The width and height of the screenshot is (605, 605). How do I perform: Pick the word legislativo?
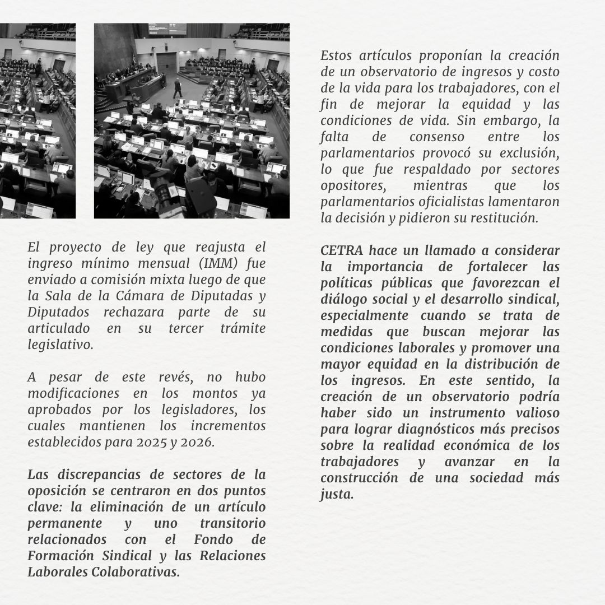[x=61, y=345]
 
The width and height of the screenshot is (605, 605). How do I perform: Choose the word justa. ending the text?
[x=337, y=495]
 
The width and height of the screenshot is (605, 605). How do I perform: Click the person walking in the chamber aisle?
[x=178, y=88]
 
